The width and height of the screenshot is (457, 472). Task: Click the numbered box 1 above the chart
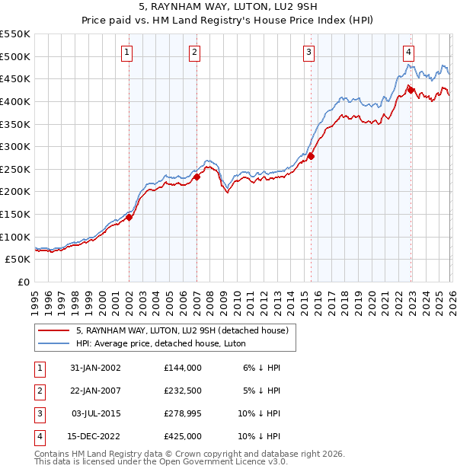tap(126, 52)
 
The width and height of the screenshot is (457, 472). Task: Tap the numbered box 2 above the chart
tap(195, 52)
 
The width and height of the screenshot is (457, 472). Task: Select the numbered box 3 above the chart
tap(308, 52)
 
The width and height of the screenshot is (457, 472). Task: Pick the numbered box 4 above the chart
tap(409, 52)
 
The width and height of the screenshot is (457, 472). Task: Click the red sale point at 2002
tap(129, 217)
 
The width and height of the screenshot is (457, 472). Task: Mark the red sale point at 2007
tap(197, 177)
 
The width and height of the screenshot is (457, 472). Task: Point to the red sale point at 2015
tap(311, 156)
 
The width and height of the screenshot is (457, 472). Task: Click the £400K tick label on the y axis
tap(15, 101)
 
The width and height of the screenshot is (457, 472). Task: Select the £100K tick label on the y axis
tap(15, 237)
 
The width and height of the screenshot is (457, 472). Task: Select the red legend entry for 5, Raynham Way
tap(181, 331)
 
